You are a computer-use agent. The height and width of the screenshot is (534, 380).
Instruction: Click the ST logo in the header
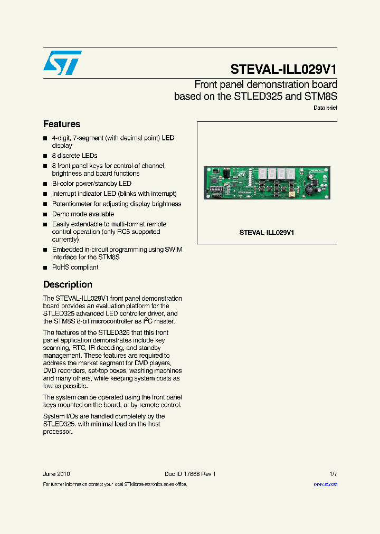tap(62, 63)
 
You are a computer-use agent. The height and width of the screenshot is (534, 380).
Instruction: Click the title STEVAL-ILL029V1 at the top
tap(283, 70)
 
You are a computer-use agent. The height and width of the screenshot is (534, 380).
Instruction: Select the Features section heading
tap(62, 124)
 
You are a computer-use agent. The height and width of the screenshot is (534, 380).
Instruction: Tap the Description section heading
tap(68, 284)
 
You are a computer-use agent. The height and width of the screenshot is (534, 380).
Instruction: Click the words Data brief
tap(325, 108)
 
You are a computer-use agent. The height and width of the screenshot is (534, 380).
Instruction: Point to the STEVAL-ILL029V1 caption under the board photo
tap(267, 232)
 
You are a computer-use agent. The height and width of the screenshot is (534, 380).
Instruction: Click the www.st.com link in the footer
tap(325, 484)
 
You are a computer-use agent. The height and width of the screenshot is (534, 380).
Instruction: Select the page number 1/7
tap(332, 474)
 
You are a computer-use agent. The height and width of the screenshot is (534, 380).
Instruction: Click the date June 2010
tap(56, 474)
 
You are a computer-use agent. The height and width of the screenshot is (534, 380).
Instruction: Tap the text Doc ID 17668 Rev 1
tap(190, 474)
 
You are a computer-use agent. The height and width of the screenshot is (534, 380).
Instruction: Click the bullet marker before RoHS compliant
tap(45, 268)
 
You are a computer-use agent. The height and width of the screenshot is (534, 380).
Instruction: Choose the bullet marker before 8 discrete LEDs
tap(45, 156)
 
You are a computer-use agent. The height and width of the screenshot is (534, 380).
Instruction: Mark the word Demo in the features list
tap(61, 214)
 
